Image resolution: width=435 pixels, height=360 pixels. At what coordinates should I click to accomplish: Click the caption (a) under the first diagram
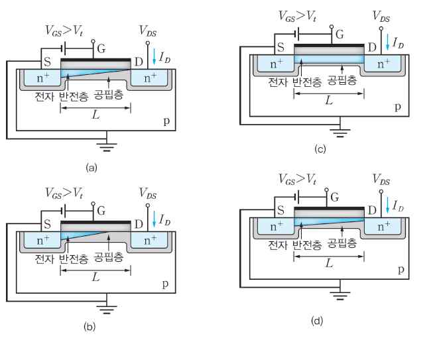(92, 167)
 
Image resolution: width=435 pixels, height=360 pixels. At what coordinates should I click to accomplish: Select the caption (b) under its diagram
(93, 325)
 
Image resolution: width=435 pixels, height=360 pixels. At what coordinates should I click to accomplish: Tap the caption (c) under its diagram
(320, 150)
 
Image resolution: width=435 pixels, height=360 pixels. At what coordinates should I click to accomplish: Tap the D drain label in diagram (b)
(139, 221)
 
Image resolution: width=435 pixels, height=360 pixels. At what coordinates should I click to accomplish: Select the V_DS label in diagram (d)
(380, 179)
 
